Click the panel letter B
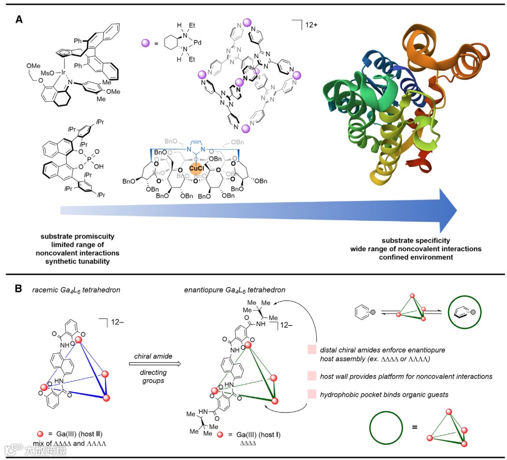point(19,289)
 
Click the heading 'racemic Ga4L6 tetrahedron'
point(71,291)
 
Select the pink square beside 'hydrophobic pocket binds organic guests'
point(312,395)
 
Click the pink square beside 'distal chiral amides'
point(312,349)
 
